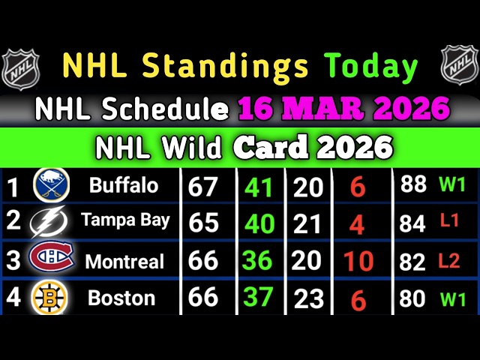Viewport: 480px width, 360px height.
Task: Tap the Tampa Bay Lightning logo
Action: [49, 222]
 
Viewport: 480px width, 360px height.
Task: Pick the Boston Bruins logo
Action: [49, 298]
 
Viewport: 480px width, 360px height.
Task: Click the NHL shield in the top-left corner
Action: [19, 67]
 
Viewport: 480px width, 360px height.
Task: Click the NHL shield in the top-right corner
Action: [459, 66]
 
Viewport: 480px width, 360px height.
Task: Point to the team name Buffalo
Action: [123, 185]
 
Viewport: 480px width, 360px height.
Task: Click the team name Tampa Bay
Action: [125, 221]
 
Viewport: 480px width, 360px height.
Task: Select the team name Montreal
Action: [124, 261]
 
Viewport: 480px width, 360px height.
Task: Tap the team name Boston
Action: [121, 298]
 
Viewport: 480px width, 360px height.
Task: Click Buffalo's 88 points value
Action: [413, 185]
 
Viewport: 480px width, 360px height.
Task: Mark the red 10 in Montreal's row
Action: [358, 262]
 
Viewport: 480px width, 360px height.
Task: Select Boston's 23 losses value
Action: [307, 299]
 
